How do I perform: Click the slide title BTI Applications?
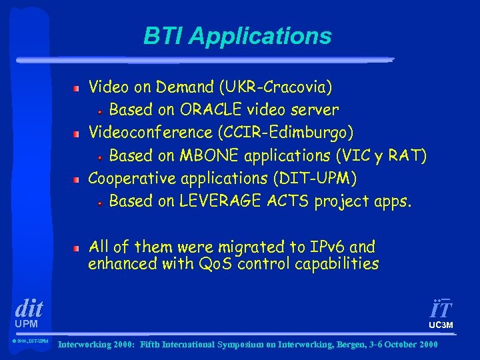(x=237, y=36)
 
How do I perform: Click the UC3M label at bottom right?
(x=441, y=325)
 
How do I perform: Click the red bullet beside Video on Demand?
(x=77, y=87)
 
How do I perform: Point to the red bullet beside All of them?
(x=77, y=247)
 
